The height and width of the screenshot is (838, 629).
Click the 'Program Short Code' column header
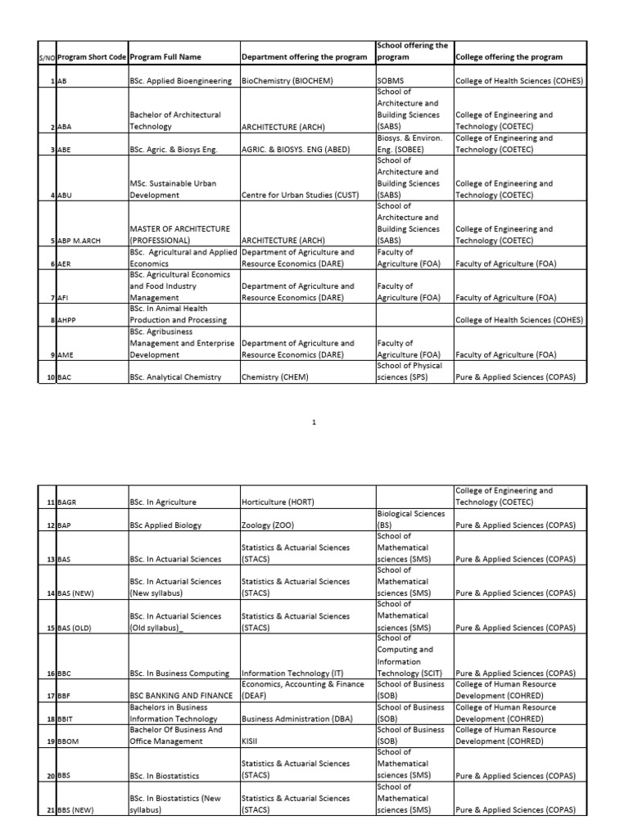93,57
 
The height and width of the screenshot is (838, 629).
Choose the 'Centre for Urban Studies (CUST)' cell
301,196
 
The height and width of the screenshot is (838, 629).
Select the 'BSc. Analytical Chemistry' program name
175,377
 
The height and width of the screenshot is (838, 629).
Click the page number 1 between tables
314,421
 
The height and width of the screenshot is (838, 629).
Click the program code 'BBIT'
68,719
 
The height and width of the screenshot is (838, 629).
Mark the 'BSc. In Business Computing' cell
179,674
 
